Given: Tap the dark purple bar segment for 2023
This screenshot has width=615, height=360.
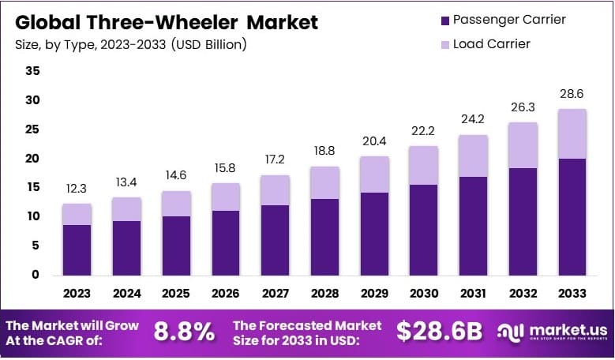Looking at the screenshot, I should click(x=77, y=249).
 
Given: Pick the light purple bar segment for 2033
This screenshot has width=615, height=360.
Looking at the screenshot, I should click(x=572, y=134).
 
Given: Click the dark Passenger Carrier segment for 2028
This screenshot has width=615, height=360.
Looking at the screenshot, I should click(x=324, y=237).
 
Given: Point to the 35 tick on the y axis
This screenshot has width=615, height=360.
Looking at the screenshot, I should click(x=32, y=70).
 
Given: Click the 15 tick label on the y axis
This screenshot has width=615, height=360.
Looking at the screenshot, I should click(x=32, y=187).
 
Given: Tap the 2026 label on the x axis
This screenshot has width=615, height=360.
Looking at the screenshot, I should click(x=225, y=293).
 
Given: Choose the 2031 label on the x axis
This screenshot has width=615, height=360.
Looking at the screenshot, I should click(x=473, y=293).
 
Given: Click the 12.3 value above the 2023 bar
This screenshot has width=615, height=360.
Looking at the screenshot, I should click(x=77, y=189).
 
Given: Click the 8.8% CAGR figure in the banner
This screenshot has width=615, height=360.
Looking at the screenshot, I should click(x=183, y=332).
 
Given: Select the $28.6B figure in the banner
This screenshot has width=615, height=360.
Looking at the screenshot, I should click(x=438, y=332).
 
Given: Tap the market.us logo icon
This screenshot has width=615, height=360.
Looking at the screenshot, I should click(x=510, y=332).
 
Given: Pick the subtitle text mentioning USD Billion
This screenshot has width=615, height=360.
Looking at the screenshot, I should click(x=131, y=44).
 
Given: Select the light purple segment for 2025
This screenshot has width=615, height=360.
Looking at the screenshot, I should click(x=176, y=204).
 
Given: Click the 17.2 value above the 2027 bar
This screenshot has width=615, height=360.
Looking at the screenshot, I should click(x=275, y=161).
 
